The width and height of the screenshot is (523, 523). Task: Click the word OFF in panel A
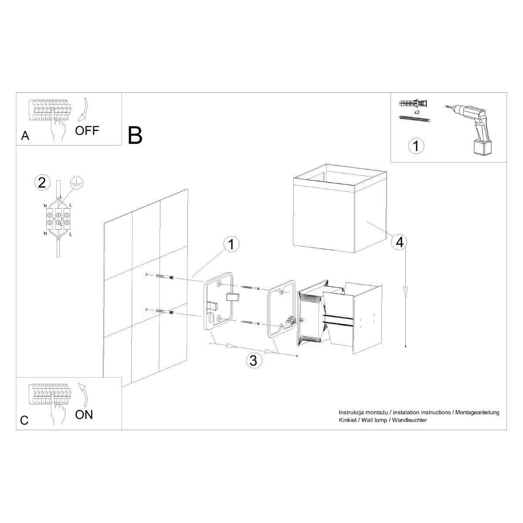(x=87, y=130)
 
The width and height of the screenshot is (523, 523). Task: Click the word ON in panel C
(x=84, y=414)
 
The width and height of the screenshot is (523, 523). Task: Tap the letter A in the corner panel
(x=25, y=136)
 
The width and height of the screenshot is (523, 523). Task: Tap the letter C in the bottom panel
(x=24, y=420)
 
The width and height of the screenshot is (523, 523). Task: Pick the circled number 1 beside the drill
(x=416, y=146)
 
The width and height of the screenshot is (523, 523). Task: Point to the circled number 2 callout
(x=42, y=183)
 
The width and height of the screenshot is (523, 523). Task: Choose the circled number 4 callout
(x=399, y=242)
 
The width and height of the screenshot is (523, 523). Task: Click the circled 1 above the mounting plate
(x=231, y=245)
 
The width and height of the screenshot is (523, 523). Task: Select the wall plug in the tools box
(x=413, y=104)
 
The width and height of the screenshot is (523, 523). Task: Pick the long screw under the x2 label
(x=414, y=119)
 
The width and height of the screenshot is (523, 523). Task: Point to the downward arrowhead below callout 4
(x=406, y=290)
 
